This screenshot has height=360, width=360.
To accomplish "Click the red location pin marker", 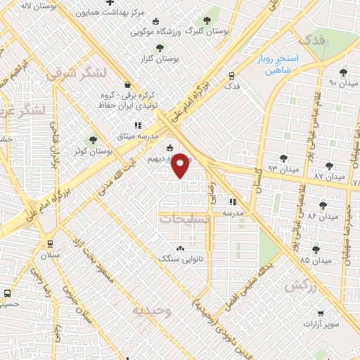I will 181,165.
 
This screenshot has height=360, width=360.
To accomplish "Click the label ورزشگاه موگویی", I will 157,32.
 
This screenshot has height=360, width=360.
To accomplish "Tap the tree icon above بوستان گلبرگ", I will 206,20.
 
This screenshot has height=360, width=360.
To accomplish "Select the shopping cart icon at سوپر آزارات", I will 321,314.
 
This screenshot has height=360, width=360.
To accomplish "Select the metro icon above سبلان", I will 49,243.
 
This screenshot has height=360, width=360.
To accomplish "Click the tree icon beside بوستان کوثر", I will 91,140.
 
